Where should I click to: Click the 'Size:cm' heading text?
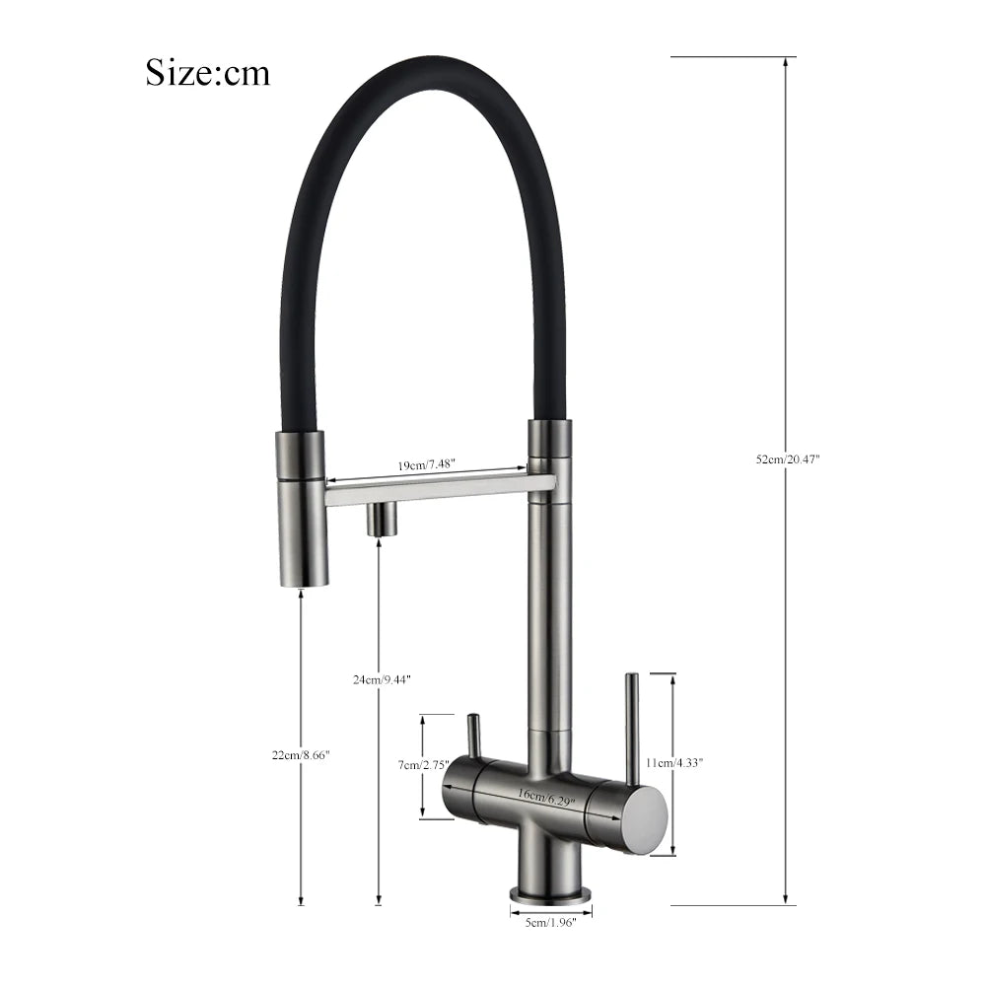click(207, 72)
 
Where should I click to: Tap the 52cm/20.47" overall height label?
click(787, 459)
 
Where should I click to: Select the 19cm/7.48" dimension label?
click(427, 465)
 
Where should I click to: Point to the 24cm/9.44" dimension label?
click(381, 679)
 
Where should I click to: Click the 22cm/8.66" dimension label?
click(302, 754)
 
